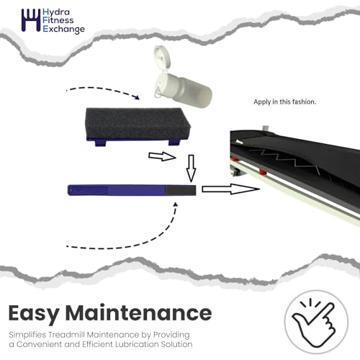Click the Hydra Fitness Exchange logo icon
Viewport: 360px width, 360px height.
tap(31, 20)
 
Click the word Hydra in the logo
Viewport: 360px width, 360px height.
tap(56, 12)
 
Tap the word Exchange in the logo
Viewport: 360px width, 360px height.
tap(63, 30)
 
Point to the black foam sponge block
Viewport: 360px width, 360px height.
tap(138, 123)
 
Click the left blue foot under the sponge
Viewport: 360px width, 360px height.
tap(100, 143)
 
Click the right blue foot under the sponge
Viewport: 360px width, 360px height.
tap(174, 142)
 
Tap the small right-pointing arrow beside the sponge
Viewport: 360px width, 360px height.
tap(162, 156)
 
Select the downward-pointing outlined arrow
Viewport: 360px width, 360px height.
tap(191, 168)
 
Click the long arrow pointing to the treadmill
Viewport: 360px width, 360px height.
tap(230, 189)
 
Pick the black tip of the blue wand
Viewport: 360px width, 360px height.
tap(180, 190)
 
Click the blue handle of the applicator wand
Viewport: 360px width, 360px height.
tap(117, 190)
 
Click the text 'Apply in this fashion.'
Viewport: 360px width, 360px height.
tap(284, 102)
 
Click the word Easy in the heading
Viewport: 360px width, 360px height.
tap(34, 314)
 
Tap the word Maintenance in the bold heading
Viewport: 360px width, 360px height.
tap(138, 312)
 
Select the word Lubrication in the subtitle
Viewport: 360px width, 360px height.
tap(137, 344)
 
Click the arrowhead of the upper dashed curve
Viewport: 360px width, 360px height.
tap(137, 97)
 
